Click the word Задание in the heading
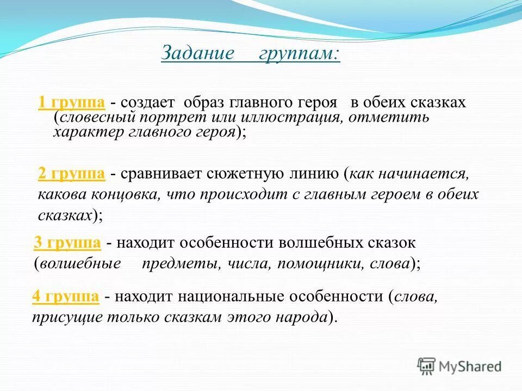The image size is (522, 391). coord(198,53)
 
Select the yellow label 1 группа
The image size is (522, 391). coord(71,103)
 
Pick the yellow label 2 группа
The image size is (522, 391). coord(71,174)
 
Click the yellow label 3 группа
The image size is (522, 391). coord(67,243)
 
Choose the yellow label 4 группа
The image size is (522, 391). coord(65,297)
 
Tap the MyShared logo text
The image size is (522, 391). coord(470,367)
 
